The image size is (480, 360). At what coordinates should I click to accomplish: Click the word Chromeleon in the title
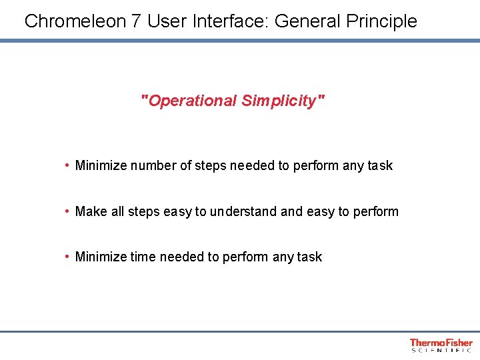click(x=75, y=21)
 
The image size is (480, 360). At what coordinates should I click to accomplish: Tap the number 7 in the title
click(x=136, y=21)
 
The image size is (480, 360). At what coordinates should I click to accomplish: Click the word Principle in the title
click(x=379, y=21)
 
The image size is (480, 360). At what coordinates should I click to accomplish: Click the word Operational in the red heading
click(x=191, y=101)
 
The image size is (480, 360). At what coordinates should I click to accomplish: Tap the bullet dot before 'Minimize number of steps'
click(x=68, y=165)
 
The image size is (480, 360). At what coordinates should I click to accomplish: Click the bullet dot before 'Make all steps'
click(x=68, y=211)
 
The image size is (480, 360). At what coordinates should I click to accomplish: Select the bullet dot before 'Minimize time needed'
click(x=68, y=257)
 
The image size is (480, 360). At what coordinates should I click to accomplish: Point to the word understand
click(x=243, y=211)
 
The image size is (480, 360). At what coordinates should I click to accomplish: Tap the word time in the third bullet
click(x=143, y=257)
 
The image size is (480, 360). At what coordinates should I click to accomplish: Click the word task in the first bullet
click(x=380, y=165)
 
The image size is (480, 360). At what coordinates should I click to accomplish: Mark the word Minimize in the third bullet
click(x=101, y=257)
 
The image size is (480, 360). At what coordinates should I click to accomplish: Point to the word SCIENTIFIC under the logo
click(x=441, y=351)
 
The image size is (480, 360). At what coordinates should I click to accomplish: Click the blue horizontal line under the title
click(x=240, y=41)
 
